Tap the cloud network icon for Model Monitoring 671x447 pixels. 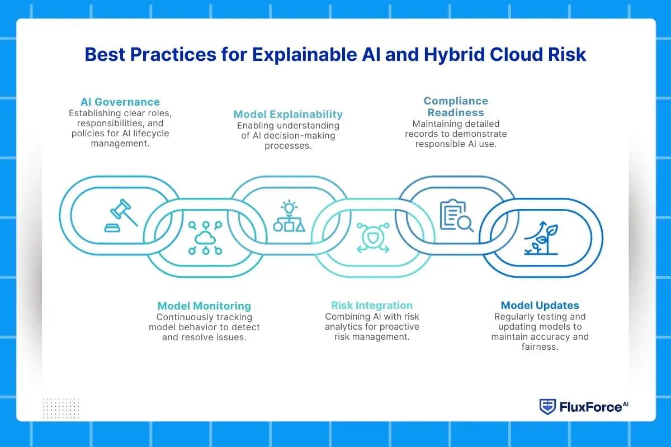coord(205,238)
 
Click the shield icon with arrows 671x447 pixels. coord(373,238)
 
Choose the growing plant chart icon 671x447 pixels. coord(540,238)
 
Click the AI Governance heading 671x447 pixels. coord(120,102)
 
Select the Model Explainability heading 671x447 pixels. coord(288,115)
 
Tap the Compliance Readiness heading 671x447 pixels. coord(456,106)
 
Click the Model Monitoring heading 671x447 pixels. coord(204,306)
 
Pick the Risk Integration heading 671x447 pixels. coord(372,305)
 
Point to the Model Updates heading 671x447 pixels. coord(540,305)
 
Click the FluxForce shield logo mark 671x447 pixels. coord(547,407)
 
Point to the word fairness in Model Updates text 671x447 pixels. coord(540,346)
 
